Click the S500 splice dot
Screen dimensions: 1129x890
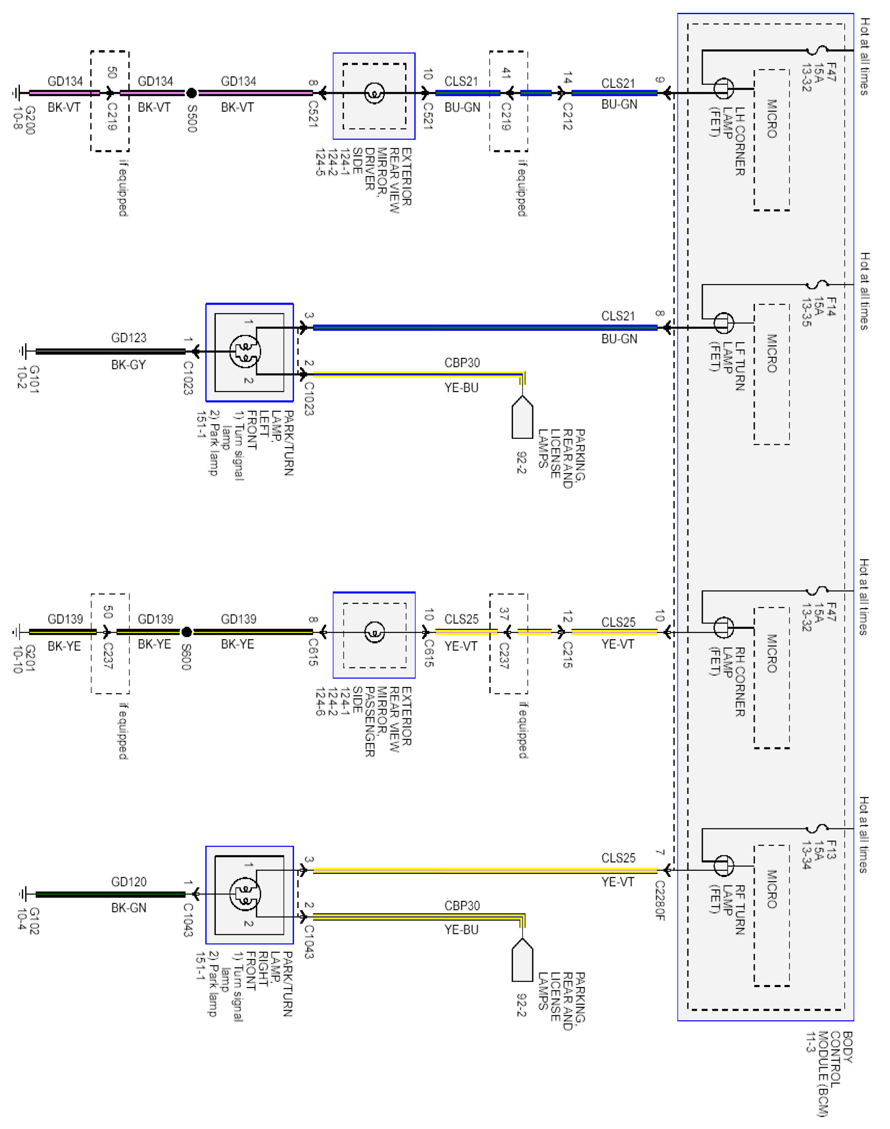tap(191, 93)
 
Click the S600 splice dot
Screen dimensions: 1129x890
tap(186, 632)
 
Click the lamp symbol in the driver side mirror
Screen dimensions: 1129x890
tap(374, 94)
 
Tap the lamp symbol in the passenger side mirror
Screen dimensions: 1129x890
tap(374, 632)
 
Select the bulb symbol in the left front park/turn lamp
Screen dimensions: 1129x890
tap(245, 351)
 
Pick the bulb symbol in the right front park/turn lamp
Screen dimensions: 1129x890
tap(245, 894)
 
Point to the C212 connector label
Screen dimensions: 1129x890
tap(567, 116)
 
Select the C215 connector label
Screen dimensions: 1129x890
tap(567, 655)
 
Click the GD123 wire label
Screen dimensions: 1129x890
tap(129, 337)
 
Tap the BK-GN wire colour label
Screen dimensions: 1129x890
tap(129, 908)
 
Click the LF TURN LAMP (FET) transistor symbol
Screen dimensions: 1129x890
tap(723, 323)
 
